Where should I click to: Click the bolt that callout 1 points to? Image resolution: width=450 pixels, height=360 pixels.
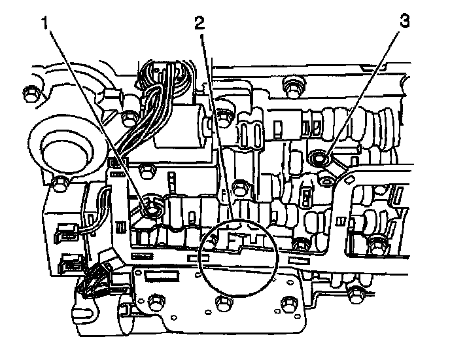point(152,209)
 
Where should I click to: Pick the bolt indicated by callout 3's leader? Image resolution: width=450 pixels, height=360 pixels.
point(320,157)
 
